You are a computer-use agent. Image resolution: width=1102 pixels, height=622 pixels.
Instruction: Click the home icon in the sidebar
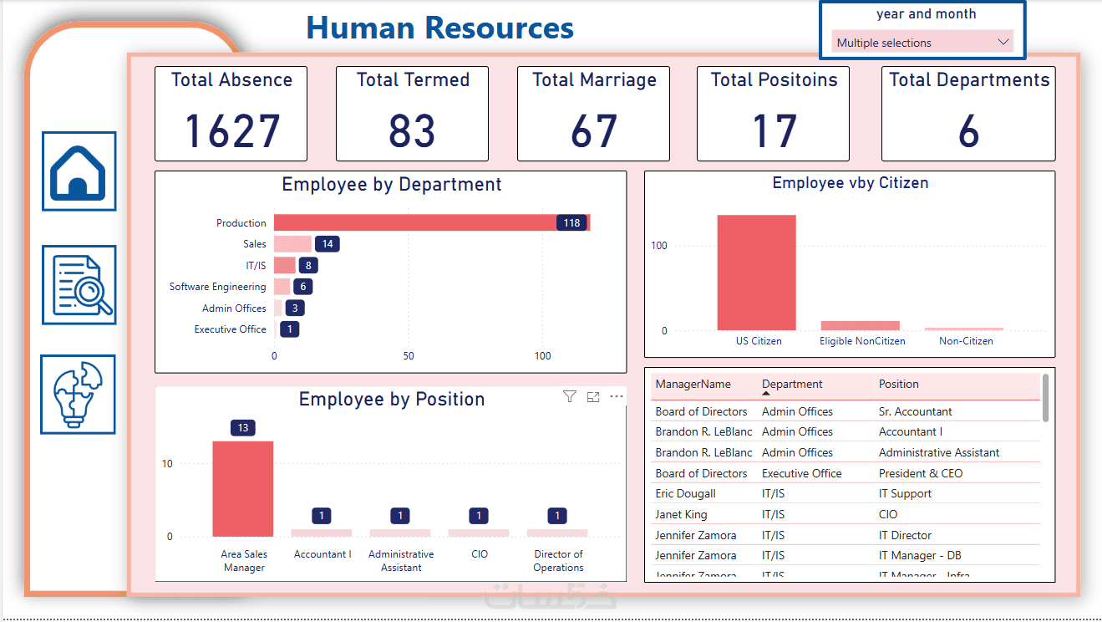79,171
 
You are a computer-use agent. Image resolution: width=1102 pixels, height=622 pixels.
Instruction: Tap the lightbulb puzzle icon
79,395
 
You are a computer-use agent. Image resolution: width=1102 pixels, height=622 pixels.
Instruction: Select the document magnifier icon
79,285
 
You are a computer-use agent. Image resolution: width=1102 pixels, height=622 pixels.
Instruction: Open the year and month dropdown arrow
1003,43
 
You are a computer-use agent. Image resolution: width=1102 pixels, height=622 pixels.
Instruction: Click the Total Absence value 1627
231,131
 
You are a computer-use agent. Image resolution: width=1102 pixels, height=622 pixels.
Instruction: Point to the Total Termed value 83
412,131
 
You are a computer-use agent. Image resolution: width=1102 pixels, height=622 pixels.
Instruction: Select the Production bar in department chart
418,222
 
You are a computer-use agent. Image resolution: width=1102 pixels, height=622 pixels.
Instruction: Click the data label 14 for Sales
328,244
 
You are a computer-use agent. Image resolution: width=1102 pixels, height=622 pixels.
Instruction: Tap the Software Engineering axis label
217,287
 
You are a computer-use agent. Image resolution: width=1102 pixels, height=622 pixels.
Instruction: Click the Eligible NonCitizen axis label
861,341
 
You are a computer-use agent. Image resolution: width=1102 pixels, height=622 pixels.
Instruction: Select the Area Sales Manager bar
242,488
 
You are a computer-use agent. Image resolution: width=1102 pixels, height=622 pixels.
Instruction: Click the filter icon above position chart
570,397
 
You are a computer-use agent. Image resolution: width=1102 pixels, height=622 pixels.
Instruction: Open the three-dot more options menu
617,397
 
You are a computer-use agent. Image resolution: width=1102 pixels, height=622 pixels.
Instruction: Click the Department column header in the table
792,385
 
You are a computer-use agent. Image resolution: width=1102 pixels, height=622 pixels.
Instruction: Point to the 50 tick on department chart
408,356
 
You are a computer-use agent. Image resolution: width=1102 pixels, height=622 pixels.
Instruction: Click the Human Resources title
439,28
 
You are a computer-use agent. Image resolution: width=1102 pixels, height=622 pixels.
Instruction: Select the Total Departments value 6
967,131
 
